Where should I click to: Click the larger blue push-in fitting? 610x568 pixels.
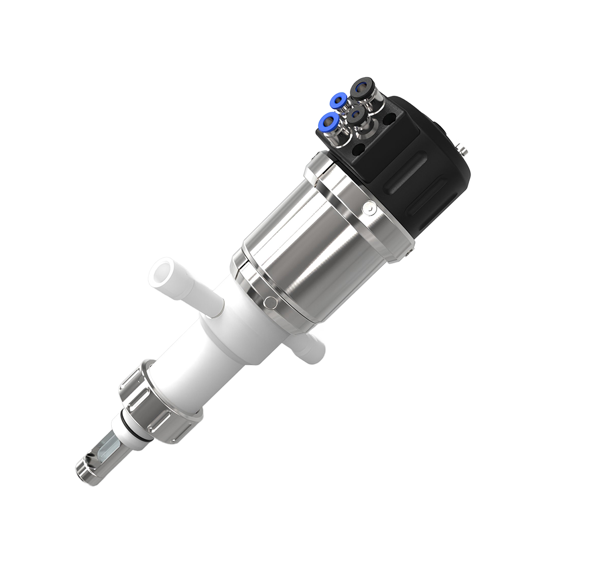325,122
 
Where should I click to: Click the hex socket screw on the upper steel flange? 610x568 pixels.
368,207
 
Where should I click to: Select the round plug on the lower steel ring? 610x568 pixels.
271,302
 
